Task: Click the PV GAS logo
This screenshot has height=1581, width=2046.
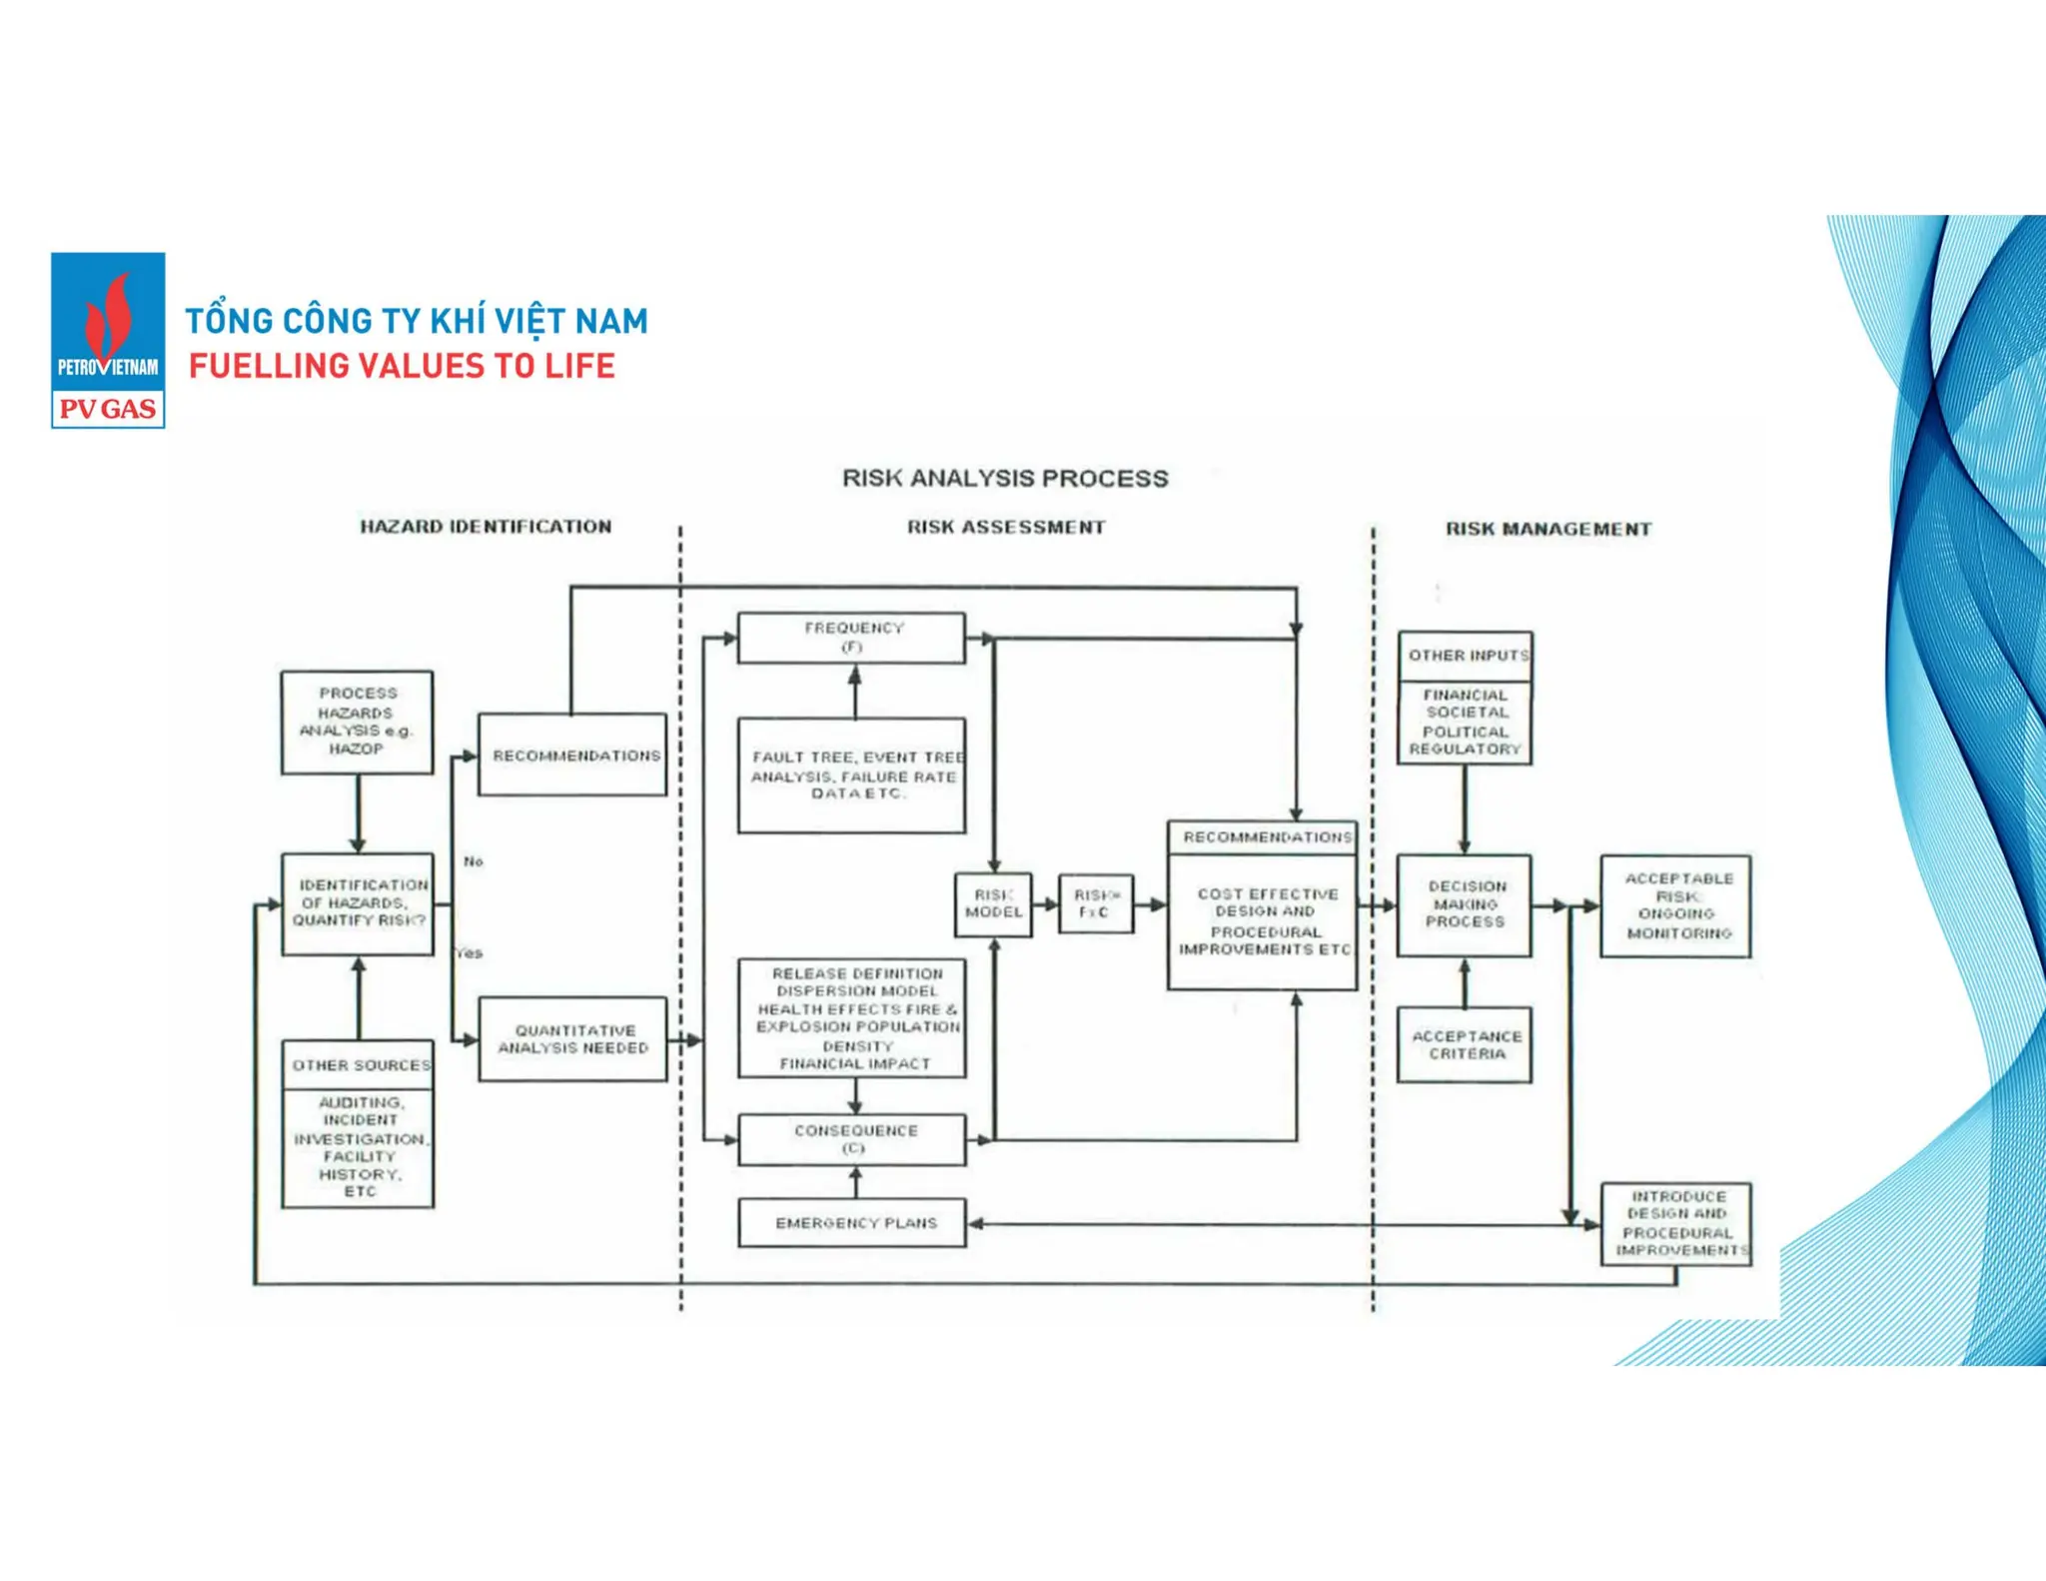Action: tap(108, 340)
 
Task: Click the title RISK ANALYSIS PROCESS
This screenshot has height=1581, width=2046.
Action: tap(1005, 479)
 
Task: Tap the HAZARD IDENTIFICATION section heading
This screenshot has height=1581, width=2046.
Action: tap(486, 527)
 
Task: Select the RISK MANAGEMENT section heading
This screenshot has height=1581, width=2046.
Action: tap(1547, 529)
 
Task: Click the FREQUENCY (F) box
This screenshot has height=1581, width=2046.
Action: tap(852, 638)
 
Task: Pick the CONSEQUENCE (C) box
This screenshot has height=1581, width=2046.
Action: tap(852, 1139)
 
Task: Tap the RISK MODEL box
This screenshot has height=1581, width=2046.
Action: tap(993, 904)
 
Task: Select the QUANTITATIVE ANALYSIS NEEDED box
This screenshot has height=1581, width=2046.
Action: tap(572, 1039)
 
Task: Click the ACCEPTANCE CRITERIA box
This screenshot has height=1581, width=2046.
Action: tap(1465, 1045)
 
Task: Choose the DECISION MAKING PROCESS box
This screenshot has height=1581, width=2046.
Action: tap(1465, 905)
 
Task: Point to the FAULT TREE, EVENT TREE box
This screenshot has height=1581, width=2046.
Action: tap(852, 776)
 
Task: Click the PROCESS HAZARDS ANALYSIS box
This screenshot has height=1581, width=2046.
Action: tap(358, 722)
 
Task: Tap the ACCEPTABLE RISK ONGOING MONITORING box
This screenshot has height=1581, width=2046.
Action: tap(1676, 906)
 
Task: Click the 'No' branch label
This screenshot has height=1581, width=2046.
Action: tap(474, 861)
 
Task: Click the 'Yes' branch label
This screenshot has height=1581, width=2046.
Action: tap(470, 953)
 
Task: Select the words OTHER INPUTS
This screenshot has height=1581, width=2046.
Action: tap(1467, 656)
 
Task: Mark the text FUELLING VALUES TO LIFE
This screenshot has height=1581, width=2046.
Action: tap(402, 367)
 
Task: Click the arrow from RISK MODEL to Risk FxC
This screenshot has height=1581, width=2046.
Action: tap(1045, 904)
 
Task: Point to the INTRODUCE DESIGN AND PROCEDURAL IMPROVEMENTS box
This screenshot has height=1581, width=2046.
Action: tap(1676, 1224)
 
